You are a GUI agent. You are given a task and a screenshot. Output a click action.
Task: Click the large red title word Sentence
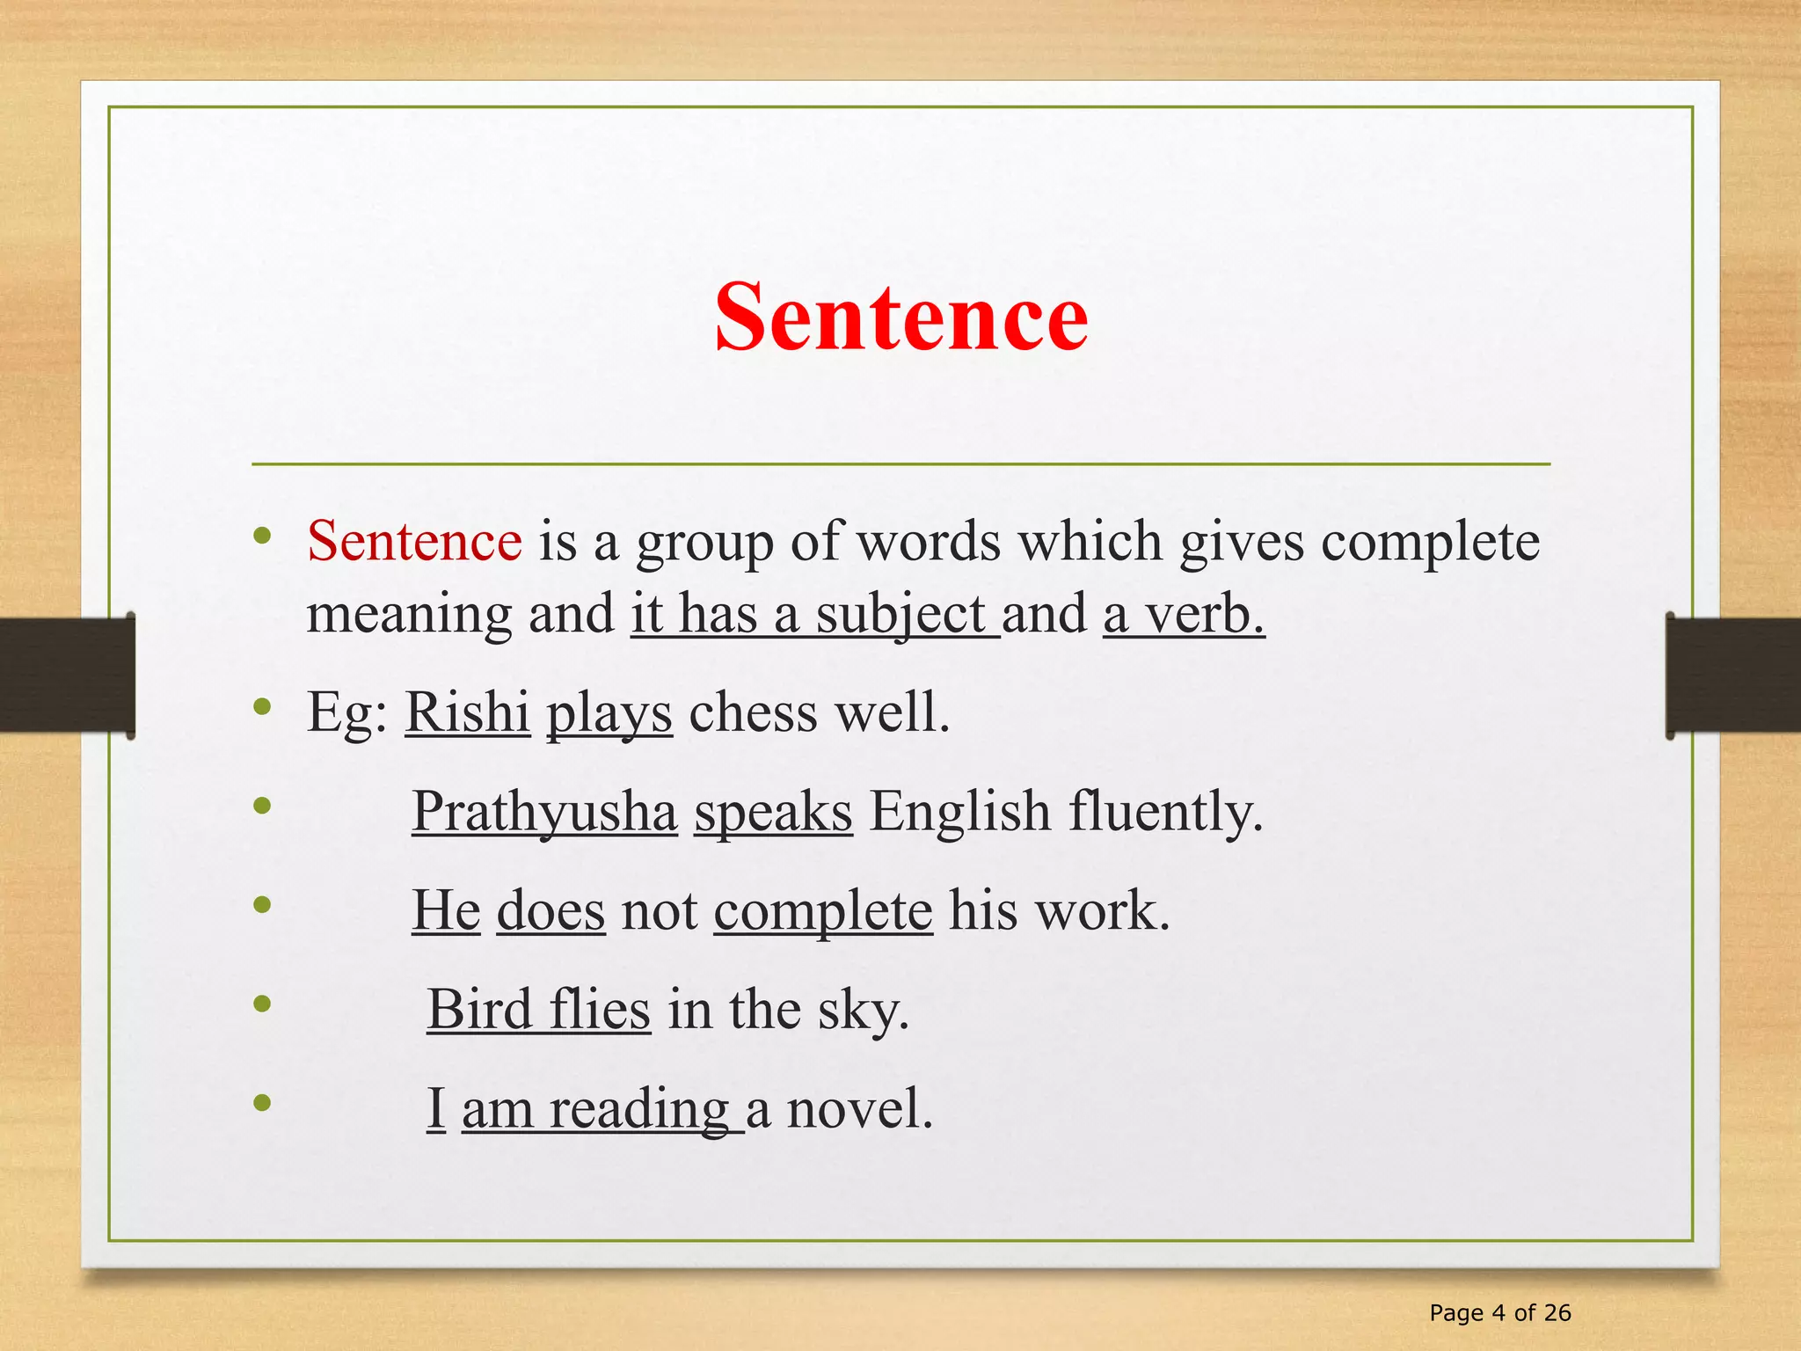[901, 318]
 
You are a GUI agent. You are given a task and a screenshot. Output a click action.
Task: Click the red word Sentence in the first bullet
[414, 540]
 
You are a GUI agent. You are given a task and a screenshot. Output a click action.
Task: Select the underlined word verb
[1204, 614]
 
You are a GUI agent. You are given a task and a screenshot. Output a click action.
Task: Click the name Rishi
[467, 712]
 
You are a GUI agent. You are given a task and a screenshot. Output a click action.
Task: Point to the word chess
[753, 712]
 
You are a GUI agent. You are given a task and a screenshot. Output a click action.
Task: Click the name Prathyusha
[544, 811]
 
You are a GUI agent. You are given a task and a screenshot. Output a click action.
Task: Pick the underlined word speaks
[773, 811]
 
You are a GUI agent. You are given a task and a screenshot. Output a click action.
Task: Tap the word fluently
[1165, 811]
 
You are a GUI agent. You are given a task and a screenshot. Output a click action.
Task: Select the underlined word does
[551, 910]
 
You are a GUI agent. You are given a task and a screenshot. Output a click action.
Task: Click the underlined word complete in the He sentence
[822, 910]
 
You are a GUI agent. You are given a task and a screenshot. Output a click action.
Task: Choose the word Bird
[479, 1009]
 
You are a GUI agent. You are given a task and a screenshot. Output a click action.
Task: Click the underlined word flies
[600, 1009]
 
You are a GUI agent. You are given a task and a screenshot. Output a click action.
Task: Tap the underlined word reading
[639, 1109]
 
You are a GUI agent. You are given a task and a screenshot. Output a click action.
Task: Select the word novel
[858, 1108]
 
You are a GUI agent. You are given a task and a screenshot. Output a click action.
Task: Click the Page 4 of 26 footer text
[1500, 1313]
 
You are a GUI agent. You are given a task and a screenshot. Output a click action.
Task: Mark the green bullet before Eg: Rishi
[261, 706]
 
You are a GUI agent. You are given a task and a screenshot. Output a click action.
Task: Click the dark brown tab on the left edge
[67, 675]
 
